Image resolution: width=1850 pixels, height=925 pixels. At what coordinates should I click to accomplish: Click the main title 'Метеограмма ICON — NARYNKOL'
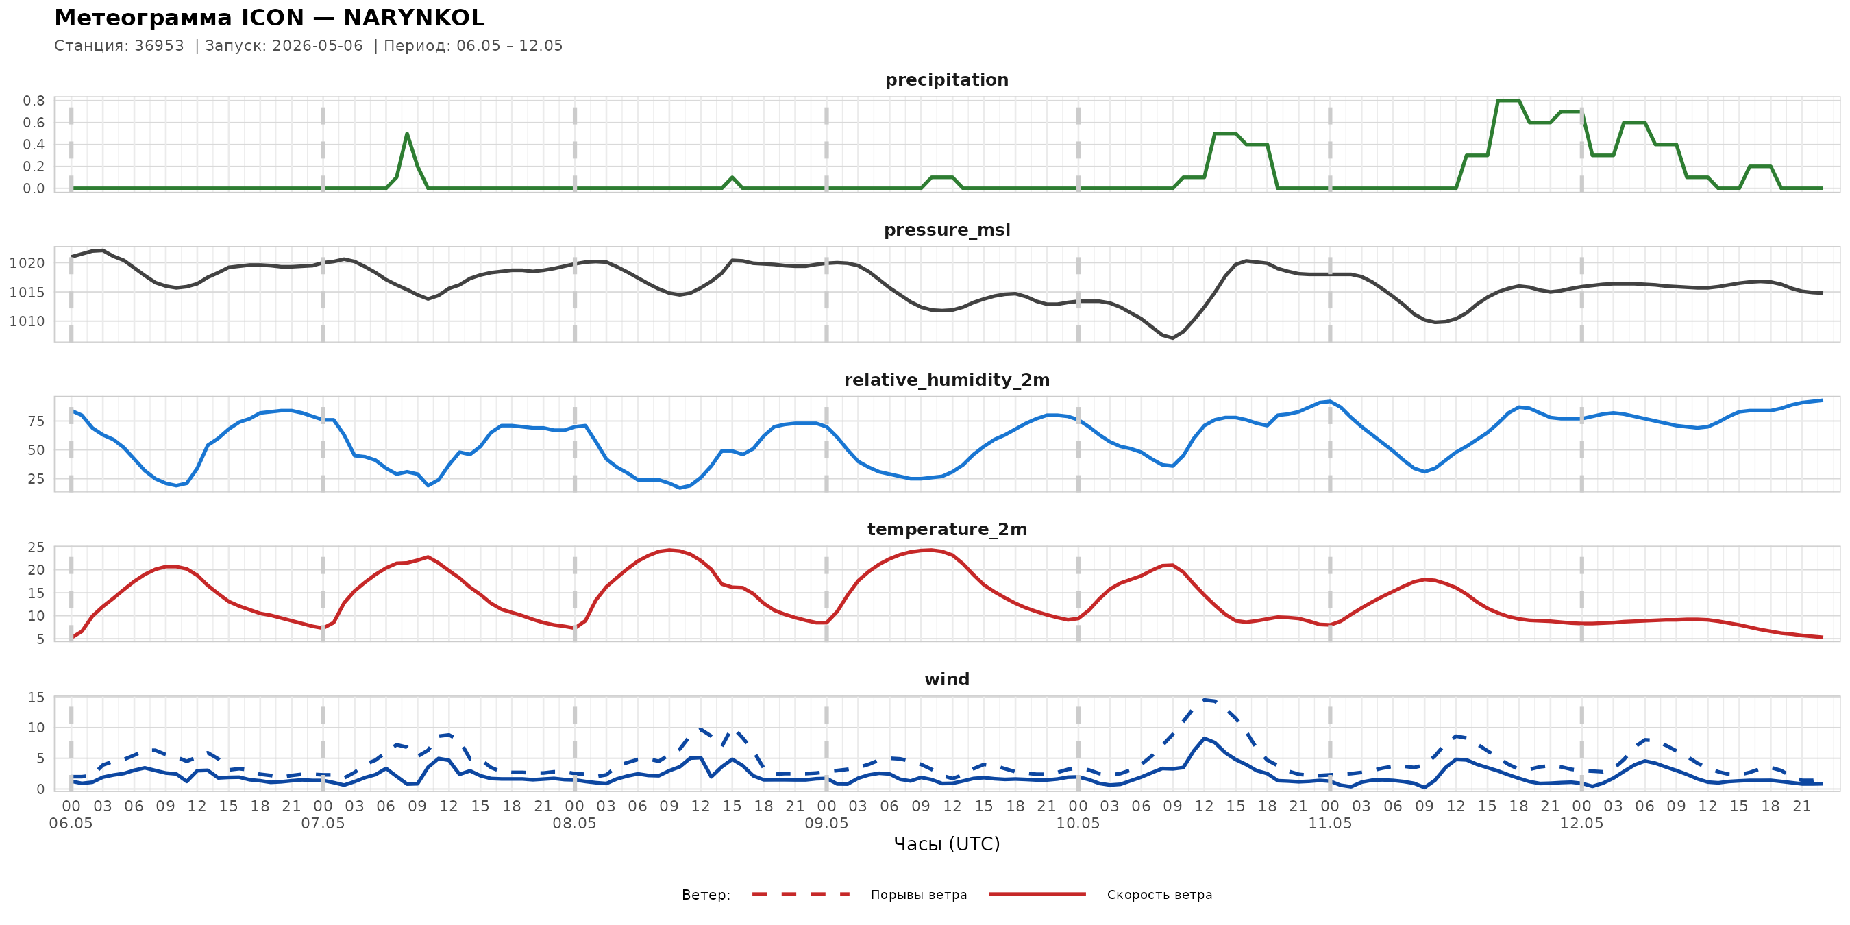pyautogui.click(x=269, y=17)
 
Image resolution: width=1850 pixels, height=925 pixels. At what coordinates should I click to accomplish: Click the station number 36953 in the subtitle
pyautogui.click(x=160, y=46)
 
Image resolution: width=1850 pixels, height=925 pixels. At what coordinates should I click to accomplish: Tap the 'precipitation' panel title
pyautogui.click(x=946, y=80)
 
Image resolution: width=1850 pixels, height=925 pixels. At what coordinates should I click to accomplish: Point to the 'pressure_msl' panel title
pyautogui.click(x=946, y=230)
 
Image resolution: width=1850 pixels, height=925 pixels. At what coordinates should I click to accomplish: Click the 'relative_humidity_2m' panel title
pyautogui.click(x=946, y=380)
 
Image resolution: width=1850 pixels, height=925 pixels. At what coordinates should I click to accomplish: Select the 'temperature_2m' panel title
pyautogui.click(x=946, y=529)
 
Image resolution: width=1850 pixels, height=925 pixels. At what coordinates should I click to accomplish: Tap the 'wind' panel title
pyautogui.click(x=946, y=680)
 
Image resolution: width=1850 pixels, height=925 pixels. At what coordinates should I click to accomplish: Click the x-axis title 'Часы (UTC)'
pyautogui.click(x=946, y=844)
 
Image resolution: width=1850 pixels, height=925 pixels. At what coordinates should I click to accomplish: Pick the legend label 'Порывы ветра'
pyautogui.click(x=919, y=895)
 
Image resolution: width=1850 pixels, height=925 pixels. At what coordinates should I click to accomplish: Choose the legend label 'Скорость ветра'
pyautogui.click(x=1159, y=895)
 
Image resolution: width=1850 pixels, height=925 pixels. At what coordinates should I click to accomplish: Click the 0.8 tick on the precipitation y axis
pyautogui.click(x=34, y=101)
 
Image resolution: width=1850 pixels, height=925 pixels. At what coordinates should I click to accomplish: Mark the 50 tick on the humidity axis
pyautogui.click(x=36, y=450)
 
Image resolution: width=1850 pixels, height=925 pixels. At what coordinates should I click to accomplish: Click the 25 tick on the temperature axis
pyautogui.click(x=36, y=548)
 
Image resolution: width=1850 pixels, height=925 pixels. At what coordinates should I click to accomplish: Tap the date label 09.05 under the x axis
pyautogui.click(x=826, y=824)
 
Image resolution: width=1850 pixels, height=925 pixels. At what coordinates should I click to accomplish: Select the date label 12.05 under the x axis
pyautogui.click(x=1581, y=824)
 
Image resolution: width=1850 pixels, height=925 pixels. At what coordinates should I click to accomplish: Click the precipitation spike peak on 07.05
pyautogui.click(x=407, y=134)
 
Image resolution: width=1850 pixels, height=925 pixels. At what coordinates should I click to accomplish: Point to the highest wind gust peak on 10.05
pyautogui.click(x=1205, y=700)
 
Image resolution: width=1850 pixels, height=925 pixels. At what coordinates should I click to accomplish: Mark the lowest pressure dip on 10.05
pyautogui.click(x=1173, y=338)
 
